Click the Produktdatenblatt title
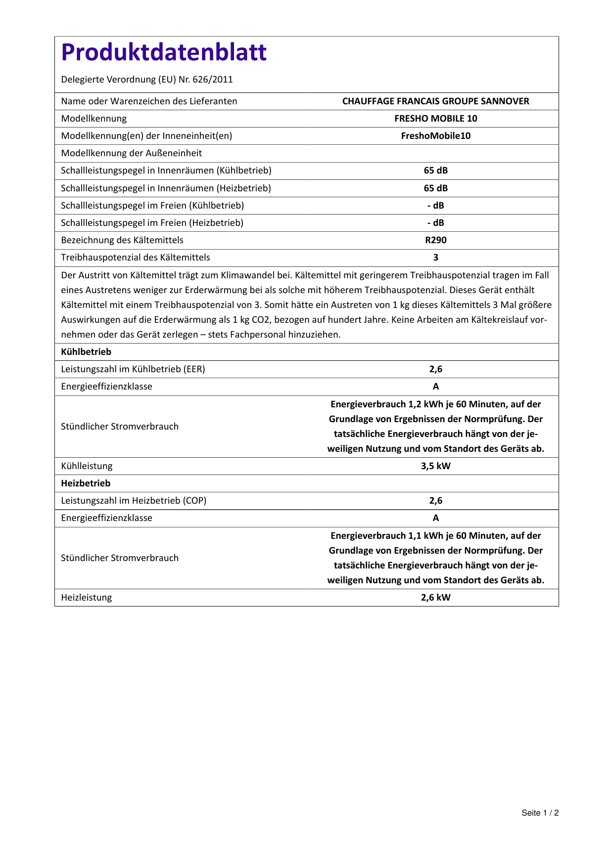(x=164, y=52)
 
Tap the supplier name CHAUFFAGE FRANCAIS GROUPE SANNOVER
(x=435, y=101)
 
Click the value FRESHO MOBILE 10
(x=435, y=119)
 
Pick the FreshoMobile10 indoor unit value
(x=435, y=136)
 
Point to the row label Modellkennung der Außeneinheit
(x=132, y=153)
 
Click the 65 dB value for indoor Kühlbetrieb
(x=435, y=171)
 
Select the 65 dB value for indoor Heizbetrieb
(x=435, y=188)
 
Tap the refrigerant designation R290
(x=435, y=240)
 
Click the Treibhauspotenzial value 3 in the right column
(x=435, y=258)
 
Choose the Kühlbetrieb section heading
(x=86, y=352)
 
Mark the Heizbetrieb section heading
(x=86, y=483)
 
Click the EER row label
(x=133, y=369)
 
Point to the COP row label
(x=134, y=501)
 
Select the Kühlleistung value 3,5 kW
(x=435, y=466)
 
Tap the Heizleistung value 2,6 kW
(x=435, y=598)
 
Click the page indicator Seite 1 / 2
(x=540, y=813)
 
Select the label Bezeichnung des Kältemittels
(x=122, y=240)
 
